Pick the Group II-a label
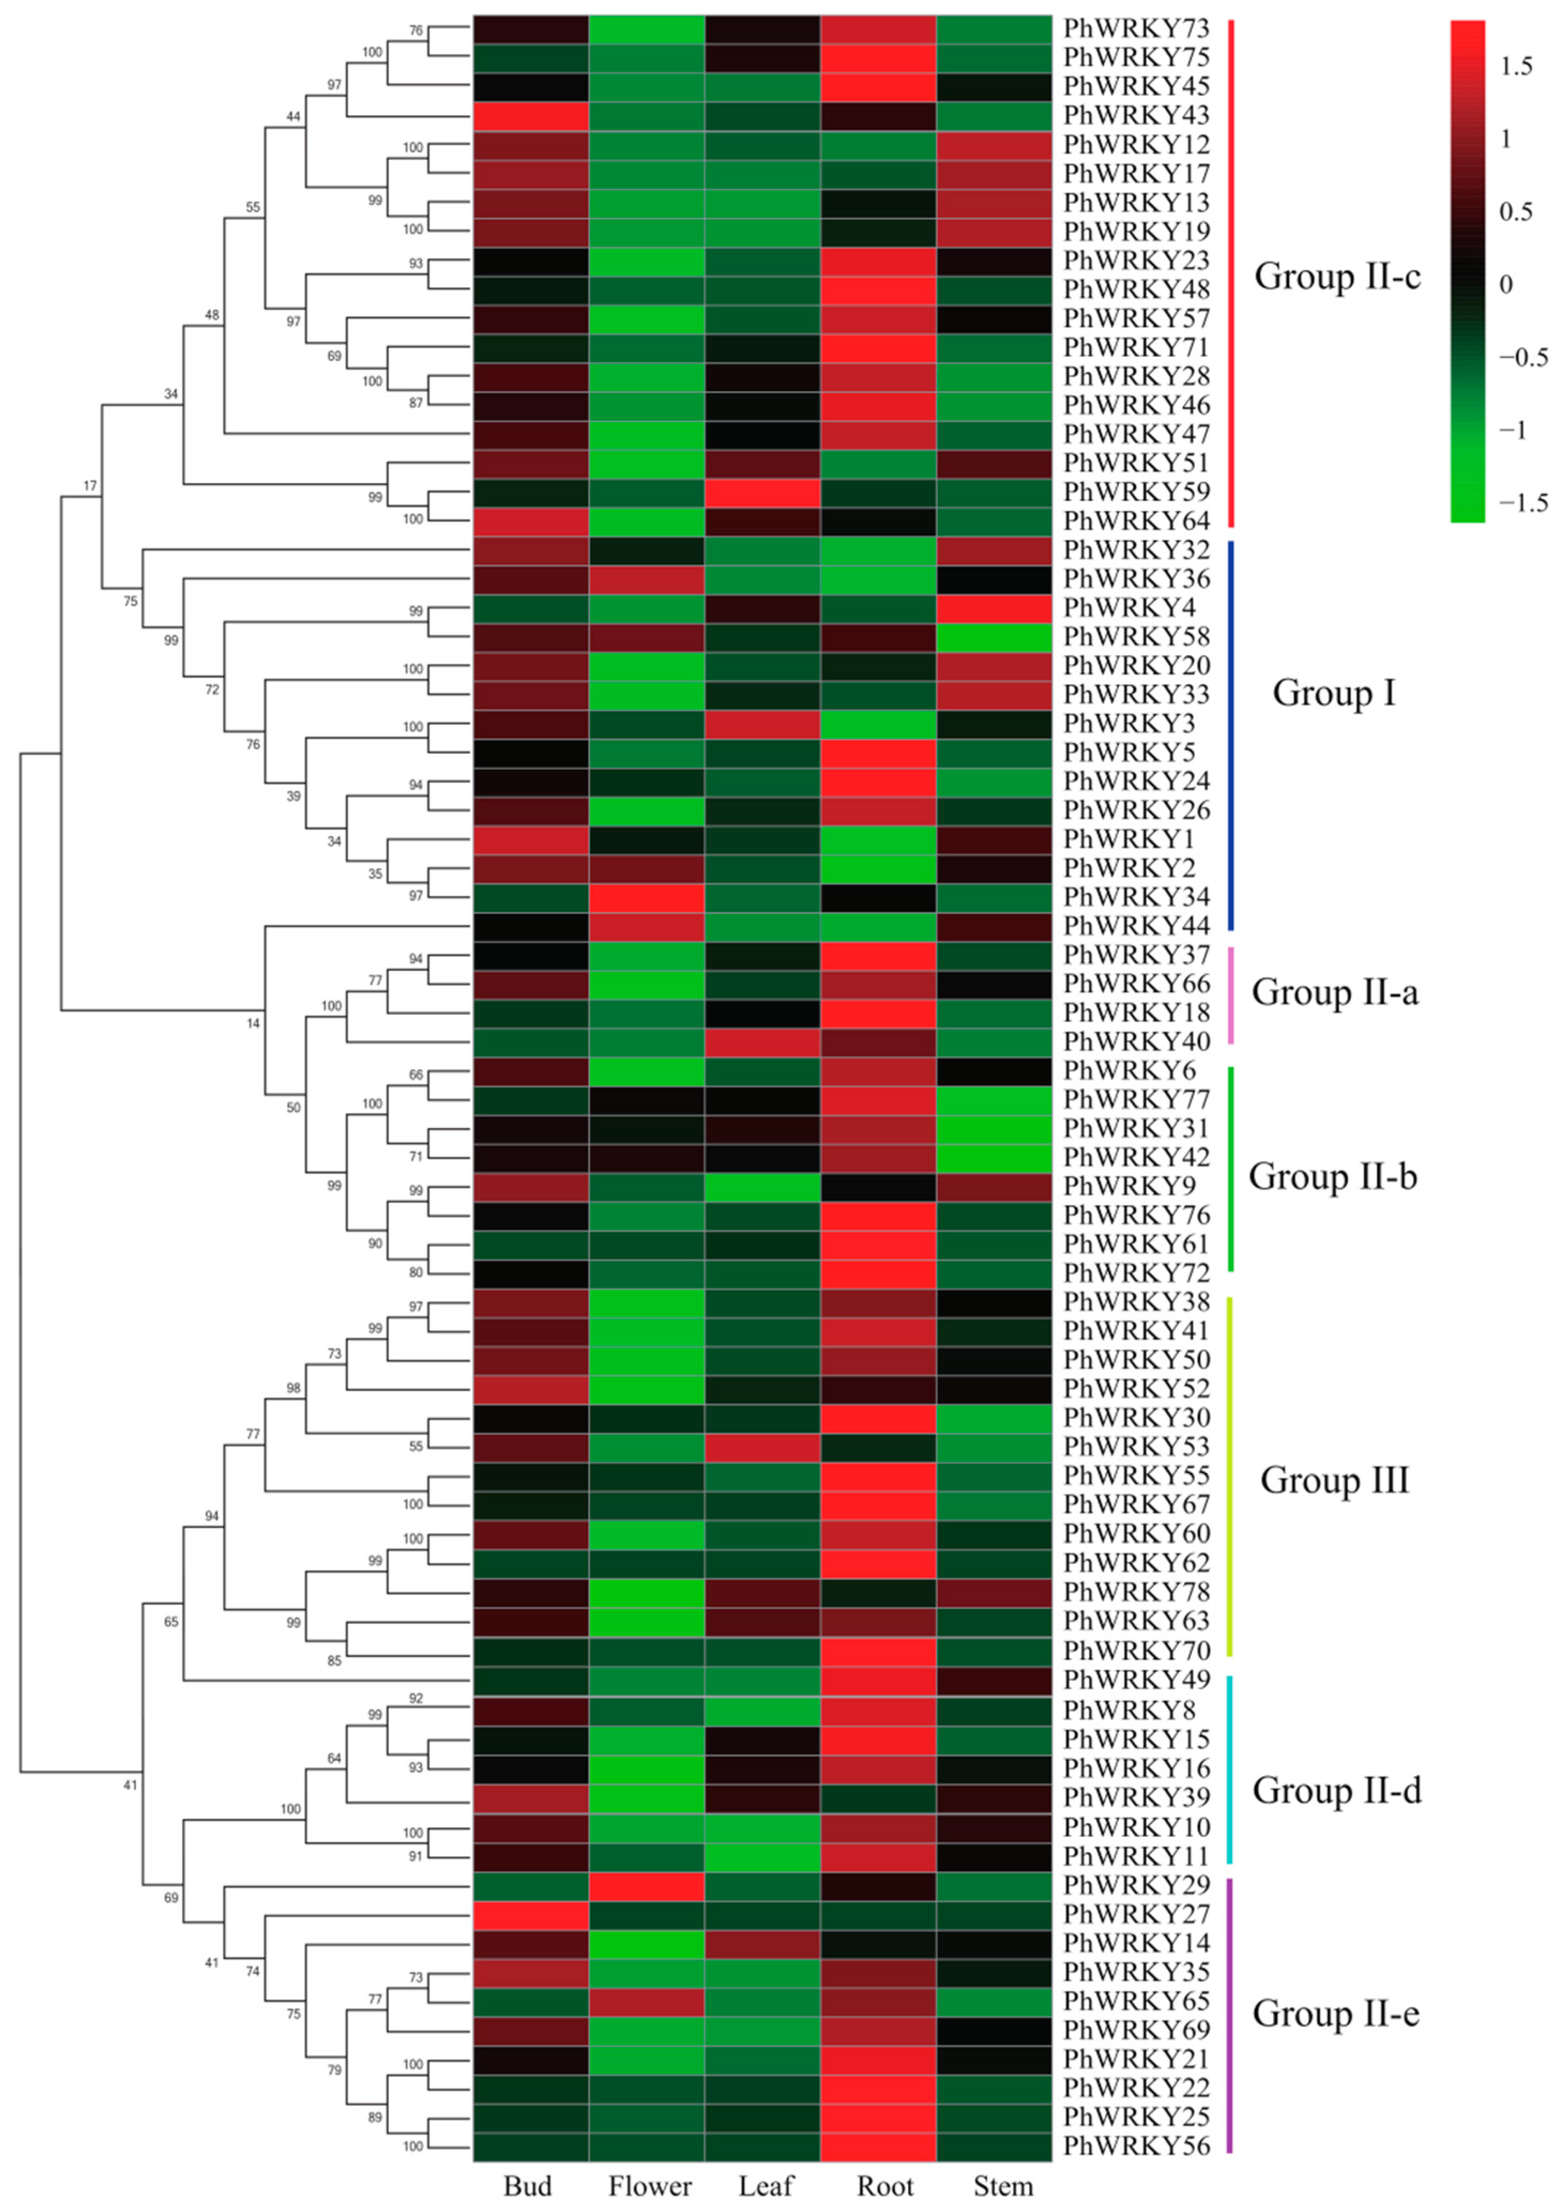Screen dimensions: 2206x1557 click(x=1334, y=992)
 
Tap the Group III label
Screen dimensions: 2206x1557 click(x=1334, y=1480)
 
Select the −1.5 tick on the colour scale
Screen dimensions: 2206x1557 click(x=1523, y=502)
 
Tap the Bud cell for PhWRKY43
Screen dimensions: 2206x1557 click(x=531, y=116)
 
